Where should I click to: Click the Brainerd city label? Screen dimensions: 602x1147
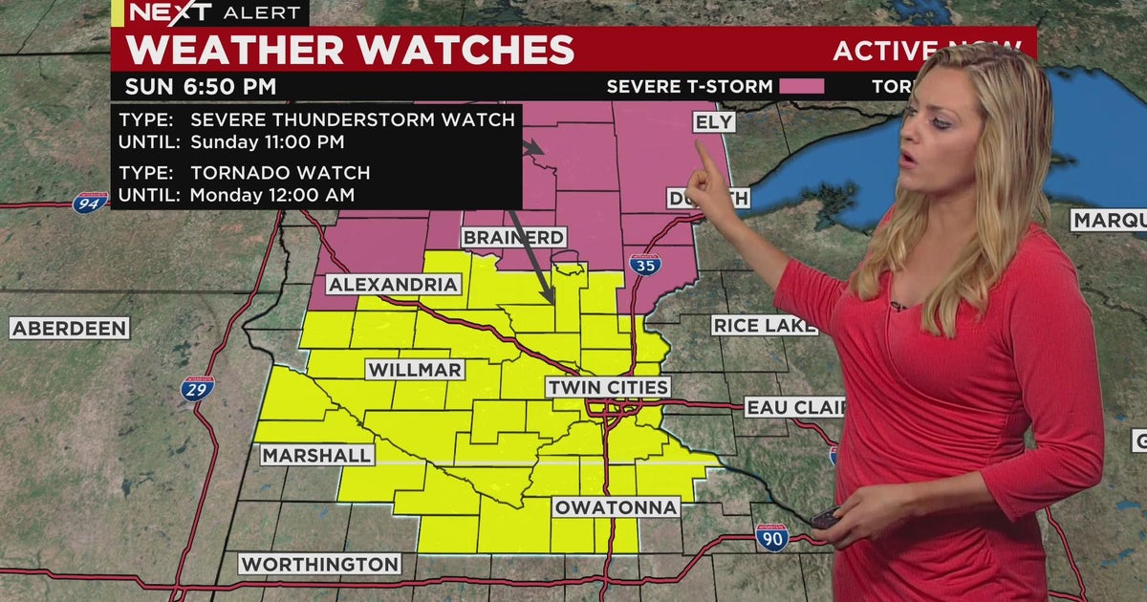pos(514,237)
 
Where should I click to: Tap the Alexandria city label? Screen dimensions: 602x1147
pos(394,285)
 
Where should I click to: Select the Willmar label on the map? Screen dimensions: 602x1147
pos(415,370)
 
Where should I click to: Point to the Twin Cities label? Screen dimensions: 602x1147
pos(608,387)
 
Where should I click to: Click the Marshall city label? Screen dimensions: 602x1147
pos(316,456)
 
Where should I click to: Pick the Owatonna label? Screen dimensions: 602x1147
pos(617,506)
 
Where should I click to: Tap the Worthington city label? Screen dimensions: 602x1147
pos(319,564)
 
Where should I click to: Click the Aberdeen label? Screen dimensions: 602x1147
pos(70,329)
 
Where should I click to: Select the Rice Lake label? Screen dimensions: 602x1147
pos(764,326)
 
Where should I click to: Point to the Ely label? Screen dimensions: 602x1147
pos(713,122)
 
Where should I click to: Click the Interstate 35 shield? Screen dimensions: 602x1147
pos(644,265)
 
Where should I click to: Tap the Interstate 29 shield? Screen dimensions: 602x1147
pos(198,388)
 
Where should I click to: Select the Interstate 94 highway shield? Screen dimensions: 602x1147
pos(87,202)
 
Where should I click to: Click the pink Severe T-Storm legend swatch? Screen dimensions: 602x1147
pos(801,87)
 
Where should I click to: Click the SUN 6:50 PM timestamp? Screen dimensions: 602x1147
pos(200,87)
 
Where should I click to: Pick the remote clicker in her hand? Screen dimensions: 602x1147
pos(824,520)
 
